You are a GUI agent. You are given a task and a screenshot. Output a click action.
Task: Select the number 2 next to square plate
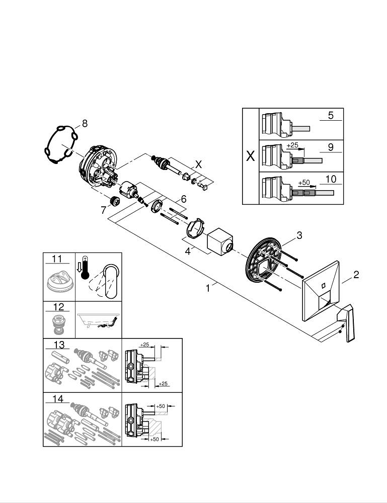click(356, 275)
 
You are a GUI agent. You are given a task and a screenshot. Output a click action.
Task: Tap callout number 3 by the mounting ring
click(299, 235)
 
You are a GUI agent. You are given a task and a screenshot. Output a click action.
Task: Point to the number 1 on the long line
click(208, 289)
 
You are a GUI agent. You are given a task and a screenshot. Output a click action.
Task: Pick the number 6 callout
click(184, 199)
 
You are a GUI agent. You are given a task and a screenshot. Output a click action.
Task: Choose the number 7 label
click(104, 210)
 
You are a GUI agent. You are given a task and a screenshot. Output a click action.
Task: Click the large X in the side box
click(250, 156)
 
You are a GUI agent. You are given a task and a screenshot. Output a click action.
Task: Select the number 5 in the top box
click(331, 115)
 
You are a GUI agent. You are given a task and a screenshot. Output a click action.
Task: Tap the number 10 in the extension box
click(331, 179)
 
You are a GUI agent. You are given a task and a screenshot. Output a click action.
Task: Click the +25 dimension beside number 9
click(293, 145)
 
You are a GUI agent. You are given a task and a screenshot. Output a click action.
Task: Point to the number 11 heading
click(56, 259)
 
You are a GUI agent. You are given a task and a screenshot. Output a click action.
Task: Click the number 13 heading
click(58, 345)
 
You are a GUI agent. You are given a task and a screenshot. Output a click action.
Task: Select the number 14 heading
click(58, 399)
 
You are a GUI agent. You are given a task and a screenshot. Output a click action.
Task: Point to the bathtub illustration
click(98, 320)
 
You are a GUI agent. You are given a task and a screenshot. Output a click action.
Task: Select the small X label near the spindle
click(198, 164)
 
